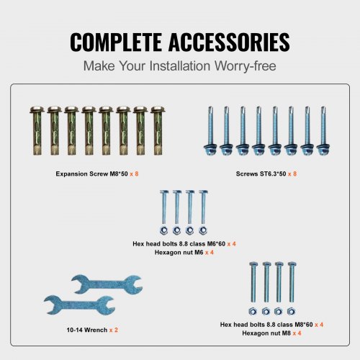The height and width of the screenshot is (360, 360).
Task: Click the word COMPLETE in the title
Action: point(116,42)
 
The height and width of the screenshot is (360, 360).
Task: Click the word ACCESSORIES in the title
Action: point(229,42)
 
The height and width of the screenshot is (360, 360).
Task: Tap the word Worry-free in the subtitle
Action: point(246,66)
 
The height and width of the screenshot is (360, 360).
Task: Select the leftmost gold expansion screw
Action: point(37,130)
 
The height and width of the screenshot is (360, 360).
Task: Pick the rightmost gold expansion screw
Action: point(158,130)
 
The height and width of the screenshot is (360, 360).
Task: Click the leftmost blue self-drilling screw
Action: point(210,131)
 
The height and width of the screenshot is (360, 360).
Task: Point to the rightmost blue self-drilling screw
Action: point(323,131)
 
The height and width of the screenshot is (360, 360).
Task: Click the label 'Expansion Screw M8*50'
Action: point(91,174)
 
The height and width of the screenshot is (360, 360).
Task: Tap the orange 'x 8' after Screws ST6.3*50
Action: point(292,174)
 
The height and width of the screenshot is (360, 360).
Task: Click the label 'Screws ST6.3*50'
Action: point(261,174)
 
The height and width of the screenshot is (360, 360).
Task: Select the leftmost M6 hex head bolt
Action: point(164,207)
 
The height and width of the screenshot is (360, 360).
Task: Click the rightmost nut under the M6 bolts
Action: point(203,230)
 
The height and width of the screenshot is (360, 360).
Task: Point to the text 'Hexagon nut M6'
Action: point(179,252)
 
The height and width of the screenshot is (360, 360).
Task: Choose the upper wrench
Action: point(107,284)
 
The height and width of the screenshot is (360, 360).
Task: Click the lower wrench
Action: point(79,305)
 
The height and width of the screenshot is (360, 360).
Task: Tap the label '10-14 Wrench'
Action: point(87,330)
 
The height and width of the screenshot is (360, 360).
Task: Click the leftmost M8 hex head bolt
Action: point(253,282)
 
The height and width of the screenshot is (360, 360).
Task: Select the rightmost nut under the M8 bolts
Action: point(291,312)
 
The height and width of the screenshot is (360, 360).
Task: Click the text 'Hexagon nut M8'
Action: point(266,333)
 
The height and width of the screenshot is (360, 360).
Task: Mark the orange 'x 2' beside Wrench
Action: point(114,330)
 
